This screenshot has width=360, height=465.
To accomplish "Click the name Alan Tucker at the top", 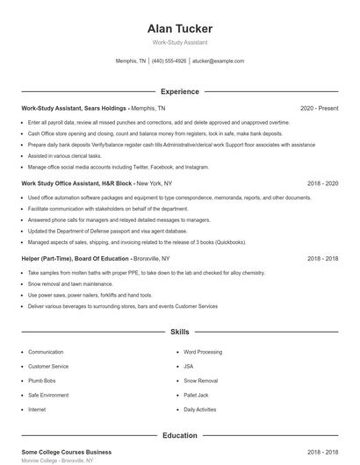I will click(x=179, y=29).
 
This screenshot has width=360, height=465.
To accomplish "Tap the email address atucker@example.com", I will click(x=217, y=61).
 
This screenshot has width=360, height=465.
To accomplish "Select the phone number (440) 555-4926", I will click(x=169, y=61).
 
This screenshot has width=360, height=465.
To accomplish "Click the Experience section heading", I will click(x=179, y=91).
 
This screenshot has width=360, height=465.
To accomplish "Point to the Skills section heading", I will click(x=179, y=333).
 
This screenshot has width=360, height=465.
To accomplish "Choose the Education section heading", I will click(x=179, y=435).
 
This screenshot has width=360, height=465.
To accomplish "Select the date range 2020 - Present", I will click(x=319, y=108).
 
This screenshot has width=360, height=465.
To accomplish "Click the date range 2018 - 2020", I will click(x=323, y=183).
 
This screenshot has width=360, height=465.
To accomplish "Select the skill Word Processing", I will click(x=203, y=352).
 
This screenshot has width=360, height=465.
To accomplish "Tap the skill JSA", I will click(x=189, y=366).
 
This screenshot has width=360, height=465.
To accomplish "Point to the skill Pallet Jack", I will click(x=197, y=395).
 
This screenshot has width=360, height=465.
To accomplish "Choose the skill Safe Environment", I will click(x=49, y=395).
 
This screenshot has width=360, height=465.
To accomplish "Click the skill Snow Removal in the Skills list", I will click(x=200, y=381).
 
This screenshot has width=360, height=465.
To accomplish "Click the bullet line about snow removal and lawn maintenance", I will click(x=70, y=284).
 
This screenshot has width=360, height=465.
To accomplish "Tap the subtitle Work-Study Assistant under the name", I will click(x=179, y=43).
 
